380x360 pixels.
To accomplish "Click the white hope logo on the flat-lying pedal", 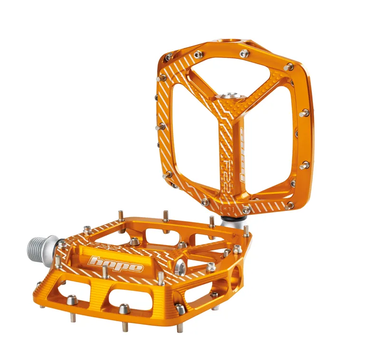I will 116,264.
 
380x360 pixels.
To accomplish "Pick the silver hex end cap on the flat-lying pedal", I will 181,267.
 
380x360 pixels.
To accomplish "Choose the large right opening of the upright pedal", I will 271,142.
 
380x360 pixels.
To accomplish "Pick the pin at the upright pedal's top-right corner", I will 288,67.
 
